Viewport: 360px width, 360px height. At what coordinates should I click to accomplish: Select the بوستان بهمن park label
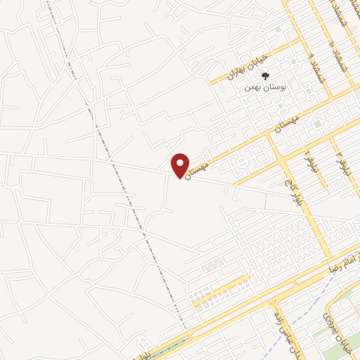point(258,87)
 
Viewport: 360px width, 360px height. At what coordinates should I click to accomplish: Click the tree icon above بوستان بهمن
point(264,75)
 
